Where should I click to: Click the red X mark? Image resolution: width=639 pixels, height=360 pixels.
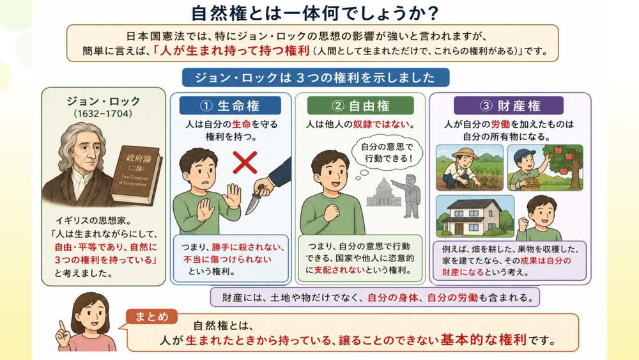coord(245,162)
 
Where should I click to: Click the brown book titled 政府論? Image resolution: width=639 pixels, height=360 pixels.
coord(136,174)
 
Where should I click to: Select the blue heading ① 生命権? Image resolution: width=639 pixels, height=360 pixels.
coord(230,106)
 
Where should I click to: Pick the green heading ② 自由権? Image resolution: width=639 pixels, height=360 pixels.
coord(360,106)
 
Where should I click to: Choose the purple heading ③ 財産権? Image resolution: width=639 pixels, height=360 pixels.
coord(509,106)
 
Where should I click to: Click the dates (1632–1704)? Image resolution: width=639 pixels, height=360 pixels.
coord(103,114)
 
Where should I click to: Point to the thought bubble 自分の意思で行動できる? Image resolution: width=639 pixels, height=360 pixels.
coord(387,152)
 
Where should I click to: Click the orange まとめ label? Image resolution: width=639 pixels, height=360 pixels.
coord(151,317)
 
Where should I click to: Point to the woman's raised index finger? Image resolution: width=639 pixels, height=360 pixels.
coord(63,327)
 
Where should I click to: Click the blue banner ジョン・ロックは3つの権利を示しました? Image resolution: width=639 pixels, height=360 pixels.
coord(316,77)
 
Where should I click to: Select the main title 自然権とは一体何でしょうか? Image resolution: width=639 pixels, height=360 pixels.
coord(315,13)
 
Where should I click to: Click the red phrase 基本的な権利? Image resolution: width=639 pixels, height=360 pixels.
coord(483,340)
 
